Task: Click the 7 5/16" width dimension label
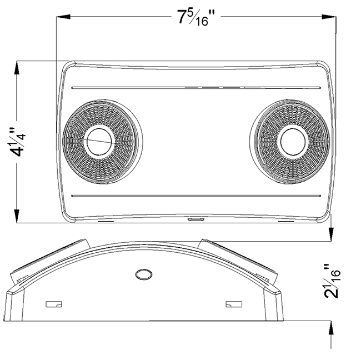(x=196, y=18)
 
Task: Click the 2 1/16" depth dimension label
(x=332, y=282)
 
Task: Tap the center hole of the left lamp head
(x=99, y=142)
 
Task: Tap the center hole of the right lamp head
(x=293, y=142)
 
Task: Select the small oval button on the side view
(x=144, y=274)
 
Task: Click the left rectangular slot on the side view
(x=54, y=304)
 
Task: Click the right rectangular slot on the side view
(x=234, y=304)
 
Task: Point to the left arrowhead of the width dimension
(x=63, y=17)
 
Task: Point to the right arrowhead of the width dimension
(x=329, y=17)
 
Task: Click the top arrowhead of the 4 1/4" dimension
(x=17, y=68)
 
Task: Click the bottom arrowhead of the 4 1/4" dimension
(x=17, y=216)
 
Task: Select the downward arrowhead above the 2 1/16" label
(x=331, y=234)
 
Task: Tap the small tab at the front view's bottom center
(x=195, y=219)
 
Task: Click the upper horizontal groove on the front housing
(x=196, y=88)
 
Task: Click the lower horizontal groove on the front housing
(x=196, y=196)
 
